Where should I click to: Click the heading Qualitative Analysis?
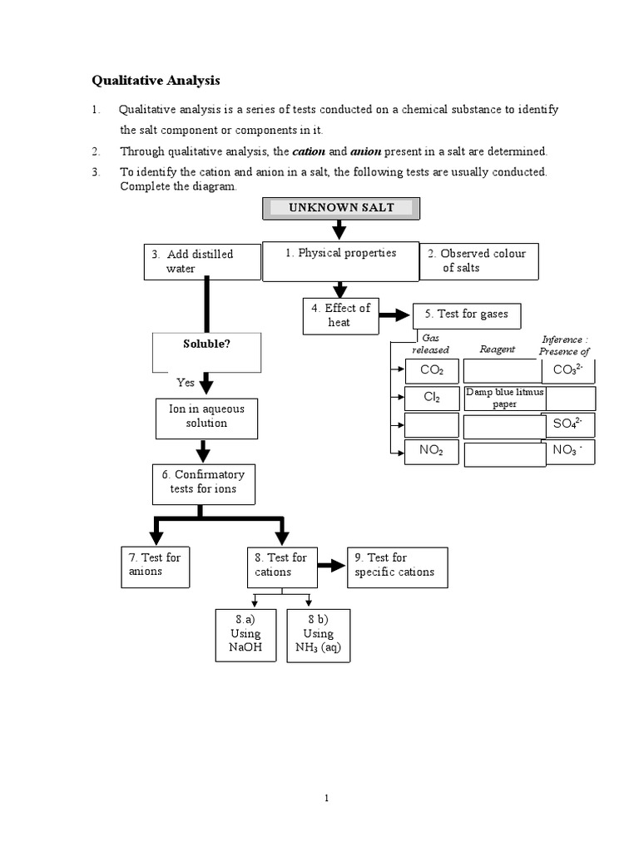tap(155, 81)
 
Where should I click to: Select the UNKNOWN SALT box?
tap(341, 208)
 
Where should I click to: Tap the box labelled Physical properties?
tap(341, 260)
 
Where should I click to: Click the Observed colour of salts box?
tap(479, 261)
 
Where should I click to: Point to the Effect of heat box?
tap(339, 315)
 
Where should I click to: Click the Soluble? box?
tap(206, 351)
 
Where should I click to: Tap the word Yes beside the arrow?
tap(186, 383)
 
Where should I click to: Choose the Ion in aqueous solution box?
tap(206, 418)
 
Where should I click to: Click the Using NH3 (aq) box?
tap(318, 634)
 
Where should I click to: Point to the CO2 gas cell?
tap(432, 370)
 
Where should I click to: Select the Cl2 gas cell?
tap(432, 398)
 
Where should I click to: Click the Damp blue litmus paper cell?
tap(504, 398)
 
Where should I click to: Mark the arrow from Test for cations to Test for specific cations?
tap(332, 566)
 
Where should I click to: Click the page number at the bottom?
tap(328, 799)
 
